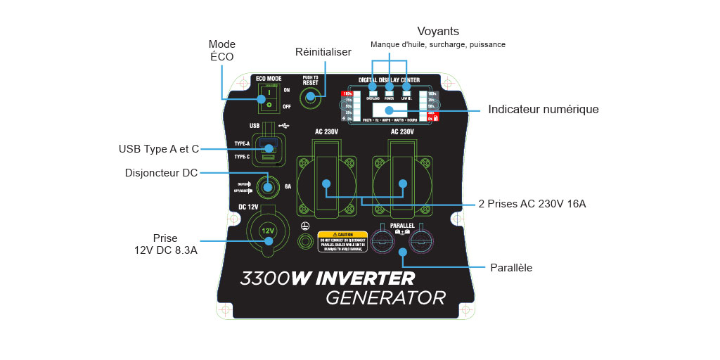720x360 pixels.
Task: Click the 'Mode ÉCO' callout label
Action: click(223, 50)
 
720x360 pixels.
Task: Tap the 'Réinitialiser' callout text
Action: click(323, 53)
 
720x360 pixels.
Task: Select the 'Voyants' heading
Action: click(438, 32)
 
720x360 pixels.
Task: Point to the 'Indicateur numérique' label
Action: click(543, 110)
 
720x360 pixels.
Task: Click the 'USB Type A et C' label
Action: click(159, 149)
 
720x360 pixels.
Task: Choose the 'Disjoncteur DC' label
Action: click(161, 173)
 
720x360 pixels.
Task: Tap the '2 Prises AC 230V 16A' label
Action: click(532, 204)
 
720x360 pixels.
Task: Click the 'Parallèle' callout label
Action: click(510, 268)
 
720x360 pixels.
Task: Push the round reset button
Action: click(310, 98)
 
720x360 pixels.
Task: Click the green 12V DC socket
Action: click(267, 231)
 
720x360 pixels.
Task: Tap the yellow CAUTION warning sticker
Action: click(343, 241)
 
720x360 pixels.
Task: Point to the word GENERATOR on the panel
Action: click(385, 297)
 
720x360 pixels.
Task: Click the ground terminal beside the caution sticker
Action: click(305, 241)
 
